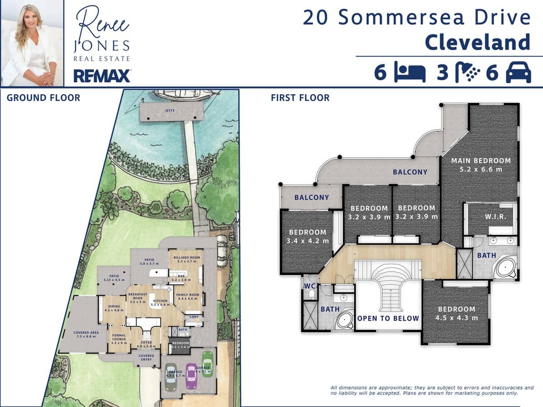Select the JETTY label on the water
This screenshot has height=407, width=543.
(x=170, y=110)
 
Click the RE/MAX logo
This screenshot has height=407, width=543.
(x=102, y=76)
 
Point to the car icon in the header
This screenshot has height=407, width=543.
(x=518, y=73)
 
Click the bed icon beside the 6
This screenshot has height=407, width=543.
(x=410, y=73)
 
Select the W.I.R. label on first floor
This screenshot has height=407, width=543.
(x=495, y=217)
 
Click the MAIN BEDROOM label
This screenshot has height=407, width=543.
(x=481, y=161)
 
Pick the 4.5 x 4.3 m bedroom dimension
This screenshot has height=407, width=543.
(x=457, y=317)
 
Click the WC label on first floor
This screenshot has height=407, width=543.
(x=310, y=286)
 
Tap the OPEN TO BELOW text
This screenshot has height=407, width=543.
(x=388, y=318)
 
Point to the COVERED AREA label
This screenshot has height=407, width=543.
(x=86, y=332)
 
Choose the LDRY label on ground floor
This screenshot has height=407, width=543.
(x=194, y=317)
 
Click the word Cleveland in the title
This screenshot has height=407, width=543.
(x=477, y=42)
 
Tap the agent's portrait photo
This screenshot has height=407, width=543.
(x=32, y=43)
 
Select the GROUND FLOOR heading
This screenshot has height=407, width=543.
(x=43, y=98)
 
